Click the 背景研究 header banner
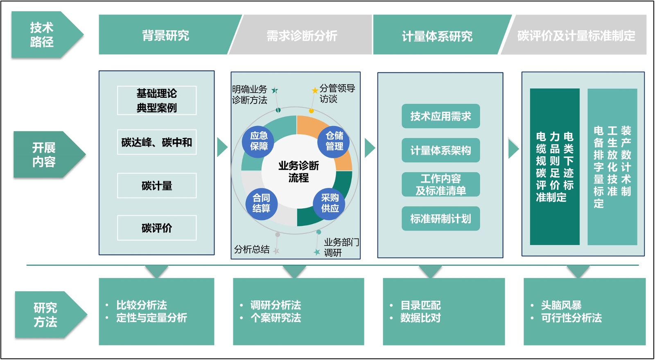click(166, 36)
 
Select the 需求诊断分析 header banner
click(302, 36)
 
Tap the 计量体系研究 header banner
click(437, 36)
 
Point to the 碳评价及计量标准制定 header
click(576, 36)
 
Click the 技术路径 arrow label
click(42, 35)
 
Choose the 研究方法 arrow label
click(45, 315)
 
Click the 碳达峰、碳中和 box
click(157, 142)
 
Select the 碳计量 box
click(157, 186)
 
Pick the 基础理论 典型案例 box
click(157, 100)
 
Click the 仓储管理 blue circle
click(334, 141)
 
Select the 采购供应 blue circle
click(330, 203)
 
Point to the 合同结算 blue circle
click(261, 203)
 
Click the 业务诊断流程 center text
click(298, 171)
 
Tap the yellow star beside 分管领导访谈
click(315, 90)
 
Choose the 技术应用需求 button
click(440, 116)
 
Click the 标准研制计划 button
click(440, 219)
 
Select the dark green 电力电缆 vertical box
click(555, 166)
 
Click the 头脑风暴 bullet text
click(561, 305)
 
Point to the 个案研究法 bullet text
click(276, 318)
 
